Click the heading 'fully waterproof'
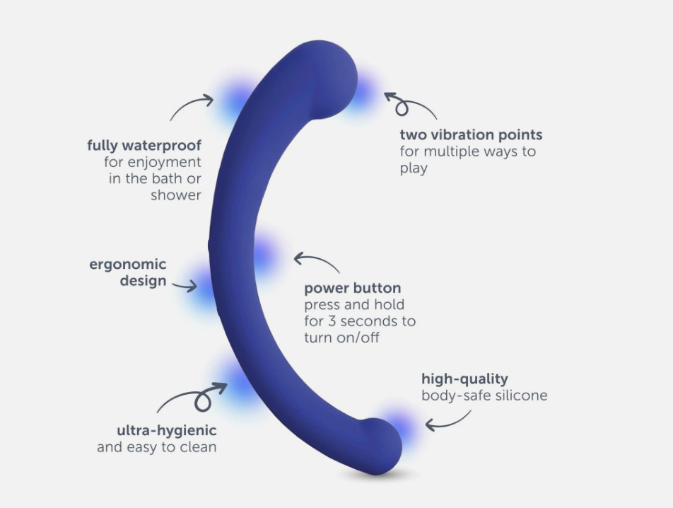point(144,146)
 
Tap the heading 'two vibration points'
point(471,135)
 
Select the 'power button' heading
point(352,288)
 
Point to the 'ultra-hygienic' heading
point(167,430)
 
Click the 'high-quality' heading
point(464,379)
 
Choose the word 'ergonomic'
point(127,265)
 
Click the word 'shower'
point(175,195)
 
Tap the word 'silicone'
point(522,395)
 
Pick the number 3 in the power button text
point(332,321)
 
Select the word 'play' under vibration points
point(414,168)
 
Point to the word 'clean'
point(198,447)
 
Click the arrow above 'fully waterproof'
point(190,104)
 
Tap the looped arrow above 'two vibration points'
point(409,103)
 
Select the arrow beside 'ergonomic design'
point(185,286)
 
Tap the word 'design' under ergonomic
point(143,282)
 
